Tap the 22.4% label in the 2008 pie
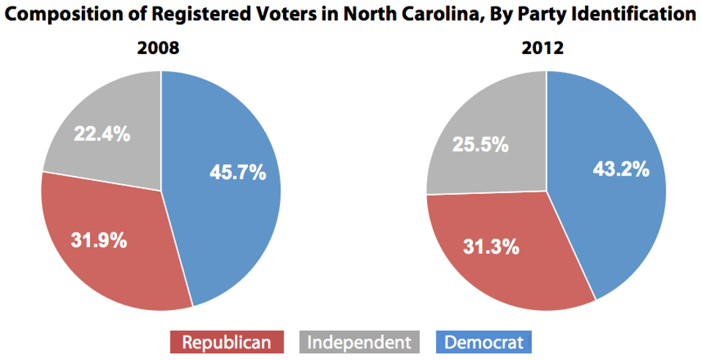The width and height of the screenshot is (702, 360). pos(102,134)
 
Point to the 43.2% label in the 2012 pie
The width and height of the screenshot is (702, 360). pos(620,169)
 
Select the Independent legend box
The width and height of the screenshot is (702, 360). pos(358,342)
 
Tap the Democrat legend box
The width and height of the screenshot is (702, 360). pos(483,342)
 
